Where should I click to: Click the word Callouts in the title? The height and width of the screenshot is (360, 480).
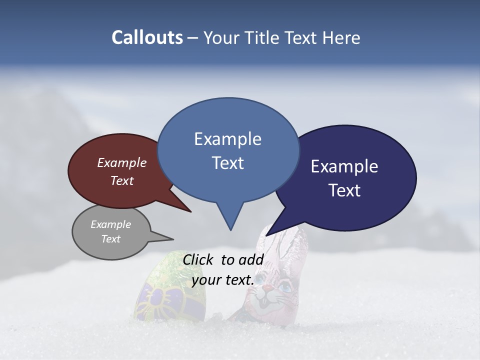coord(147,37)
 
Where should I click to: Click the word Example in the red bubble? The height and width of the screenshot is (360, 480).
coord(121,162)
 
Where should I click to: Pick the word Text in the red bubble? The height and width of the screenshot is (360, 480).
coord(121,180)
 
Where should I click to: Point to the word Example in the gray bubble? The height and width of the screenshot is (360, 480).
coord(110,224)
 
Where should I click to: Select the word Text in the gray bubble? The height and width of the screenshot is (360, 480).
coord(110,239)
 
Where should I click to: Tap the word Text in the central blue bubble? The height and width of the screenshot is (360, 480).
coord(227,162)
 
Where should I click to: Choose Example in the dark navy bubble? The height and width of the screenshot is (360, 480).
coord(344,166)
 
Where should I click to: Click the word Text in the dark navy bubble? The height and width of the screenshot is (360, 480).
coord(344,190)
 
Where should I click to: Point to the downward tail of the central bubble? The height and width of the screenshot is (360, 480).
coord(230,220)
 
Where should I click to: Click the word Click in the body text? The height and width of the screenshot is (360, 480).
coord(198,259)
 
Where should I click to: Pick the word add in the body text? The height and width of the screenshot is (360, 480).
coord(251,259)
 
